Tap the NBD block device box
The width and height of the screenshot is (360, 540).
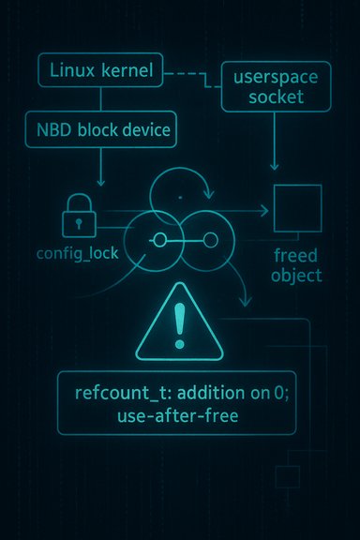tap(104, 131)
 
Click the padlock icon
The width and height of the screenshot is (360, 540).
tap(78, 217)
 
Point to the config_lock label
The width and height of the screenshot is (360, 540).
tap(70, 255)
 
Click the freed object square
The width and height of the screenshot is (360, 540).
tap(296, 209)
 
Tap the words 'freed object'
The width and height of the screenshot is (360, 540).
tap(297, 265)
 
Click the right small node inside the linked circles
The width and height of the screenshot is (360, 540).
tap(200, 241)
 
